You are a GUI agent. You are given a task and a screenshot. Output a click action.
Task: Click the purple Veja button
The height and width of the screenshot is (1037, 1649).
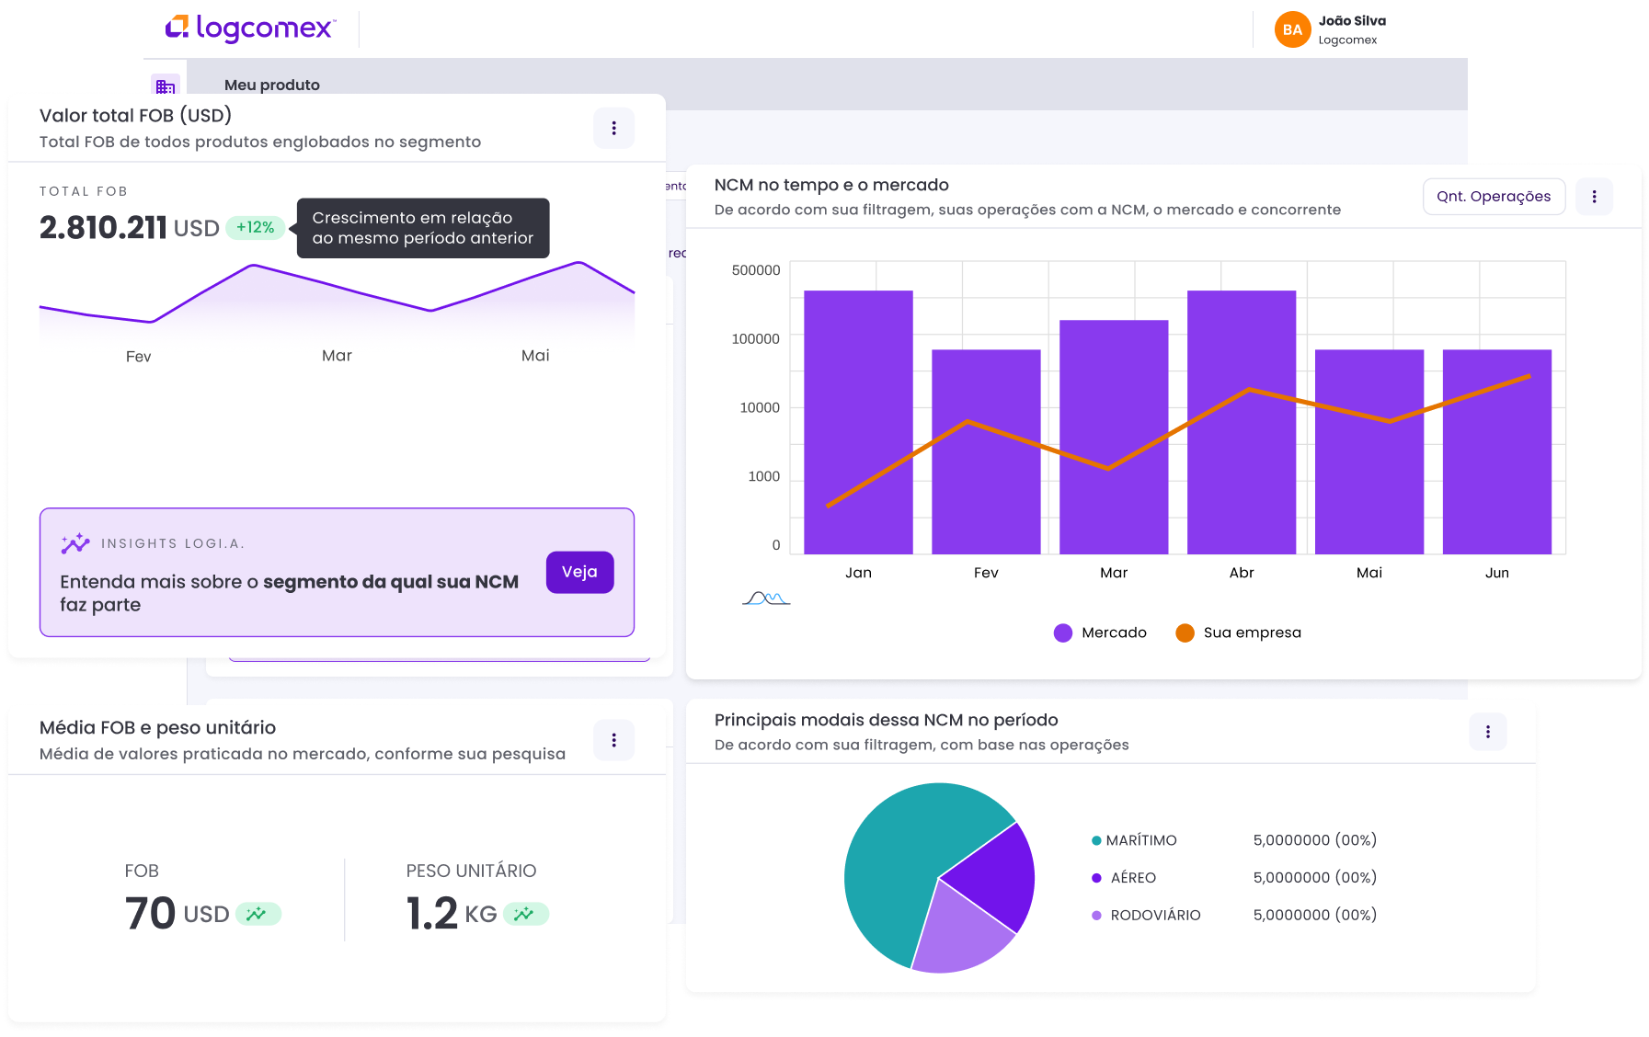[579, 572]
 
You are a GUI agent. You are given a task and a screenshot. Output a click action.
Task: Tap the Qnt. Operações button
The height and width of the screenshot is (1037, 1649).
[1493, 197]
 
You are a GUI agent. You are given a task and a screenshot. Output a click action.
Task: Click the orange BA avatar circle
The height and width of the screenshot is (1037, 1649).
[1292, 29]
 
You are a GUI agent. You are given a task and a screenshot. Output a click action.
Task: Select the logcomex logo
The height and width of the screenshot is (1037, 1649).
[250, 28]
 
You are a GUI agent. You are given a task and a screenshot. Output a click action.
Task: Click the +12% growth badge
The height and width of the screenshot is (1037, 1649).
[255, 227]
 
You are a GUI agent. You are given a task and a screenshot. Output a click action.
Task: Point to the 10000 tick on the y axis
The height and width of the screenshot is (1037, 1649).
[760, 407]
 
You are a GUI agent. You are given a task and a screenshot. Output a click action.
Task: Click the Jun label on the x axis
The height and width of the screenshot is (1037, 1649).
[1496, 573]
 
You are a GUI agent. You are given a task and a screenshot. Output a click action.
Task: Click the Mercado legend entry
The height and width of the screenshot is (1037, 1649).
[1101, 632]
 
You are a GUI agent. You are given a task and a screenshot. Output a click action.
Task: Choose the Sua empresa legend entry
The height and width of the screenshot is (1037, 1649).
[1239, 632]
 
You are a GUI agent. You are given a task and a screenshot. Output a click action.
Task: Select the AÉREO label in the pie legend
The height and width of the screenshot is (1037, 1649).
[1132, 878]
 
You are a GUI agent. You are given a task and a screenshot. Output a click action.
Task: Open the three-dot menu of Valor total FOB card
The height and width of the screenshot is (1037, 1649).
[613, 128]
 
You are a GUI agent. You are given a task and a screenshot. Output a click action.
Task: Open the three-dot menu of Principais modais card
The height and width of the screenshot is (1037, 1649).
[1487, 732]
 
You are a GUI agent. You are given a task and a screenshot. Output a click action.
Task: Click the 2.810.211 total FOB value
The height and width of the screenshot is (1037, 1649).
[103, 227]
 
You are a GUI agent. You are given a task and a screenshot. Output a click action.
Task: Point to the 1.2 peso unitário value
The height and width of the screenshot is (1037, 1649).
[431, 913]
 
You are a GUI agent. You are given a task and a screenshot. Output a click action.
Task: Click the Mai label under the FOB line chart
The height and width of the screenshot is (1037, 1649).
[535, 356]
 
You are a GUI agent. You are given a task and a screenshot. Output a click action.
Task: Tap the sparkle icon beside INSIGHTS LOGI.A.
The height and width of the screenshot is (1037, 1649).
[75, 543]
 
